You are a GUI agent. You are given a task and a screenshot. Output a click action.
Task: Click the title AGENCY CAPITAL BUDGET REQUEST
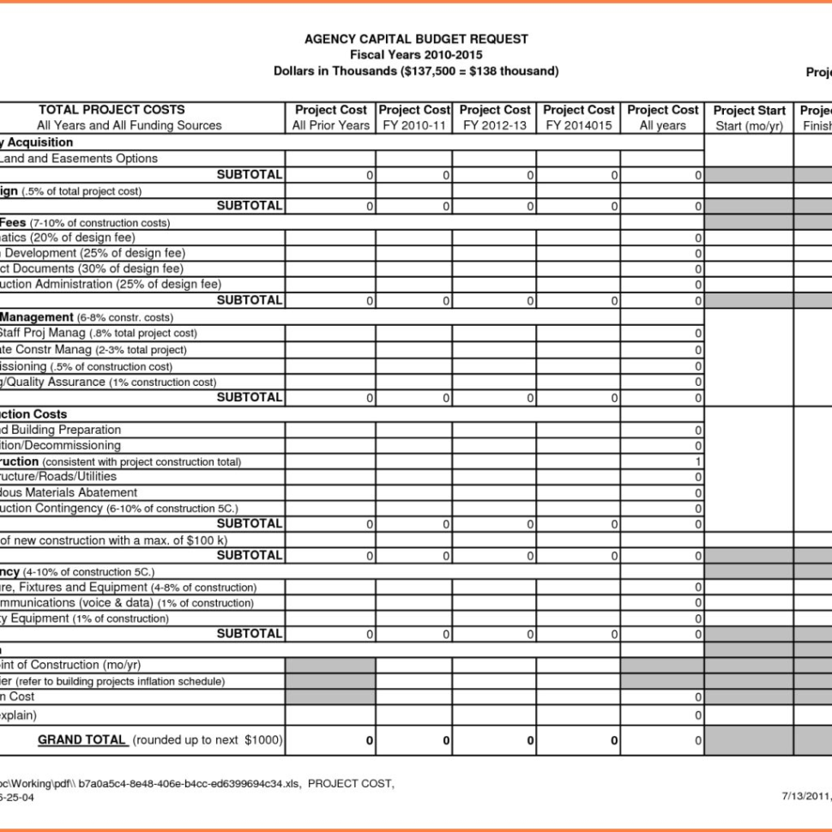tap(416, 39)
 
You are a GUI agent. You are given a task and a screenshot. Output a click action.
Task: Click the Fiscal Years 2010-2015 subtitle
tap(416, 55)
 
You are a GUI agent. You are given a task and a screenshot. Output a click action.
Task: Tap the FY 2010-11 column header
tap(414, 118)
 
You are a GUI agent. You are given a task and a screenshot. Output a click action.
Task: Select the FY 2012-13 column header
tap(494, 118)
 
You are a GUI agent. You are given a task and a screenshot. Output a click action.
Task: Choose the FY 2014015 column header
tap(578, 118)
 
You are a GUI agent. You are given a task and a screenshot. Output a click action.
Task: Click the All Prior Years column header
tap(330, 118)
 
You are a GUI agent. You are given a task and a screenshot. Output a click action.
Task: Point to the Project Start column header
tap(749, 118)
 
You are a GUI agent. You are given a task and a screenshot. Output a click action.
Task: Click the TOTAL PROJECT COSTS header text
tap(112, 110)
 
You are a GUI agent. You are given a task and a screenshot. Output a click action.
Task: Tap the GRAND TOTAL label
tap(82, 739)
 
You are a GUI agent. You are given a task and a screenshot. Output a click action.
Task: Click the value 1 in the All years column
tap(698, 461)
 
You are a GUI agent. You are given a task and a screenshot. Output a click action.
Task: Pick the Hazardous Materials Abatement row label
tap(69, 492)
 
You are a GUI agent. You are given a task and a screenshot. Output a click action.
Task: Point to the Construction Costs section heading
tap(34, 414)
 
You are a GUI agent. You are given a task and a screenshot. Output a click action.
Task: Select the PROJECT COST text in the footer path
tap(351, 783)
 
